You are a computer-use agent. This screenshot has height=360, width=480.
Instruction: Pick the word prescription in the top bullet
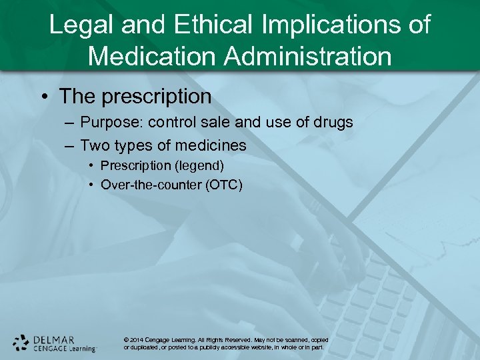point(155,97)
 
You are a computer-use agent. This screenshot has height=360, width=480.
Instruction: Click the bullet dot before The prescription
point(44,97)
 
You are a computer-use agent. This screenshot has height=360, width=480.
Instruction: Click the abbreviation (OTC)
point(225,185)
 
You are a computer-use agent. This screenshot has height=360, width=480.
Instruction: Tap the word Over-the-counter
point(152,185)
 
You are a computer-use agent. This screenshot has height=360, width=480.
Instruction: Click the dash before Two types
point(70,145)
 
